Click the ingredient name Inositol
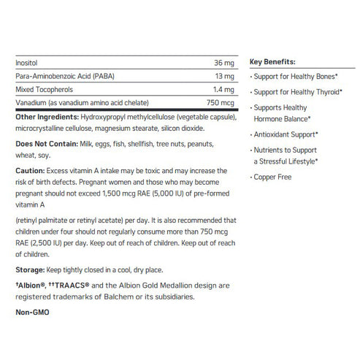(26, 64)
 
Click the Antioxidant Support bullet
(286, 134)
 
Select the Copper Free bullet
(272, 177)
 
